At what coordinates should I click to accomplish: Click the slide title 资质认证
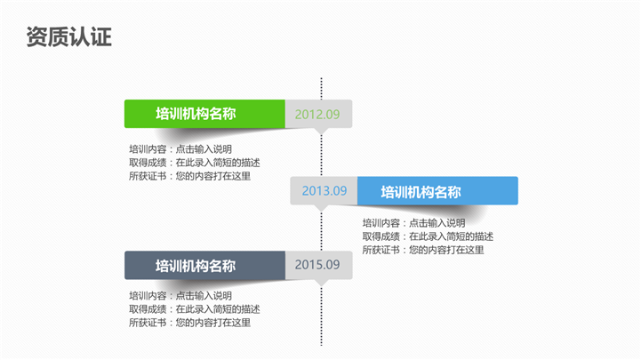[69, 37]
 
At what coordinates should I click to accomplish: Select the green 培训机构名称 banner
[204, 114]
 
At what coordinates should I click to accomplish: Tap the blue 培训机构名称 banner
[437, 191]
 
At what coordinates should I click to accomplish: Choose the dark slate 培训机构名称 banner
[204, 265]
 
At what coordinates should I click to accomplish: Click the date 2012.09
[317, 115]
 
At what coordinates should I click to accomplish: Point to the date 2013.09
[325, 191]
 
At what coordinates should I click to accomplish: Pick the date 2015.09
[317, 265]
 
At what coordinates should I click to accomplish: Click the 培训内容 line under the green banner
[180, 149]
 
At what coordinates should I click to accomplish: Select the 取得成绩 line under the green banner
[194, 163]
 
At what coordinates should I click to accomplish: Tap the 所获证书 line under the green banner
[189, 176]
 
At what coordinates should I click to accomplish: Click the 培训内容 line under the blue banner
[413, 223]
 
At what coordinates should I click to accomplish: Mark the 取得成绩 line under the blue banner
[428, 236]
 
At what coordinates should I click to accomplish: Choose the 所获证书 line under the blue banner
[423, 250]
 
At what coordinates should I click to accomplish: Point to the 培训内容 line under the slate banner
[180, 296]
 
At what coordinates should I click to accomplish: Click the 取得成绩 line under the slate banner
[194, 309]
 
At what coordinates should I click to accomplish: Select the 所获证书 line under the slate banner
[189, 323]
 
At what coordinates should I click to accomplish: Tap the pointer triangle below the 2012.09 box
[321, 131]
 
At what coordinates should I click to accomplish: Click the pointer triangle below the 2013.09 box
[321, 207]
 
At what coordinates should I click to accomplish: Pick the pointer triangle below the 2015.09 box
[321, 282]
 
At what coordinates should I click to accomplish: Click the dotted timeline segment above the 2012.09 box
[321, 89]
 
